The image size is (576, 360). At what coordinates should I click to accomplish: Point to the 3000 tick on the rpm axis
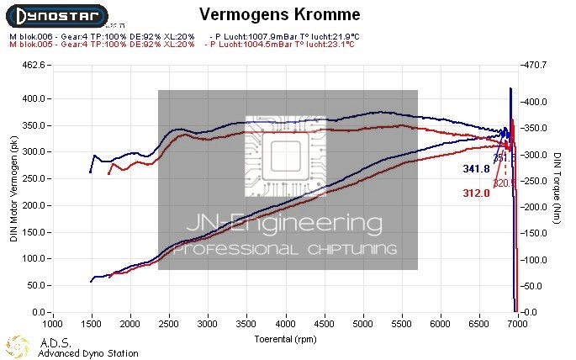(209, 323)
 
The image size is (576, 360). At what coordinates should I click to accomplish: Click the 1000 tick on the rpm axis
(53, 323)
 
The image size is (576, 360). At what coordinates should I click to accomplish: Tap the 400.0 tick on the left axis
(32, 98)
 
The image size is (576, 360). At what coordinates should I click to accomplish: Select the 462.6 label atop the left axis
(32, 65)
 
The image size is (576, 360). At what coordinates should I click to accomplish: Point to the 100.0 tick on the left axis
(32, 259)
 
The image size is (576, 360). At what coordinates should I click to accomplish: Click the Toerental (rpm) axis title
(286, 339)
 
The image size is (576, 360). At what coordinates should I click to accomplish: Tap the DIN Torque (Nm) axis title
(557, 189)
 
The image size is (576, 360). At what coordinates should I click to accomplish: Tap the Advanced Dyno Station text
(87, 353)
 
